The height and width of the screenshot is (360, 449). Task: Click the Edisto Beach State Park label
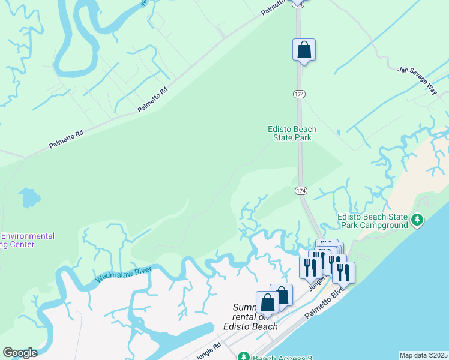(x=292, y=133)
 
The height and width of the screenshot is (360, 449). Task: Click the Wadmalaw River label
(x=124, y=274)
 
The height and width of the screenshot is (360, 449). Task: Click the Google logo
(x=20, y=353)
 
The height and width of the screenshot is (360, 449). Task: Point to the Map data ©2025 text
(x=424, y=355)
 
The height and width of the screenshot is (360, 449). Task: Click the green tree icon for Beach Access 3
(x=243, y=357)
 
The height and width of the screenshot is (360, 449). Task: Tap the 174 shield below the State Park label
(x=301, y=190)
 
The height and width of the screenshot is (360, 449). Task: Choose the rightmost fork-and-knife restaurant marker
(x=343, y=272)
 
